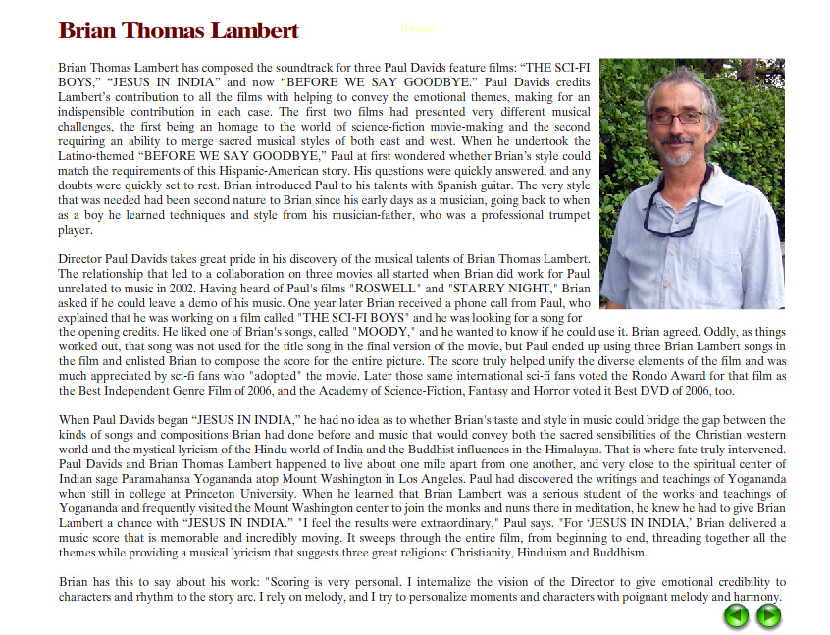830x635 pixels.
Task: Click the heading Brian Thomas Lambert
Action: tap(179, 30)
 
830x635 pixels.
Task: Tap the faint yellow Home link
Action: tap(417, 28)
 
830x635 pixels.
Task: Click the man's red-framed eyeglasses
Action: tap(676, 118)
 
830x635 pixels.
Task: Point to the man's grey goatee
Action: tap(677, 155)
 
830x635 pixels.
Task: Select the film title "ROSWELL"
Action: tap(389, 289)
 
